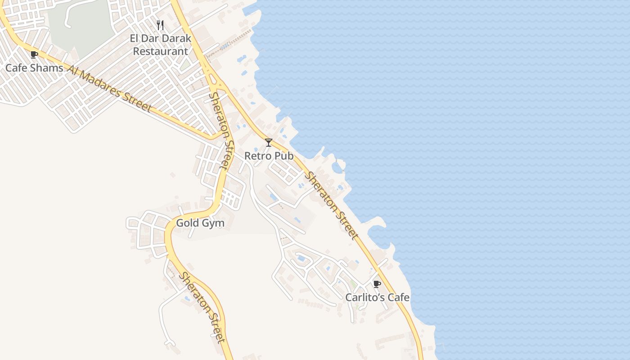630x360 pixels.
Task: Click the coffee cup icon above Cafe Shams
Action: [34, 55]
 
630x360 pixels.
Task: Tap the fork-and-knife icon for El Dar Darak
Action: [160, 25]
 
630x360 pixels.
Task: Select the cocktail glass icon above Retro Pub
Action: [269, 143]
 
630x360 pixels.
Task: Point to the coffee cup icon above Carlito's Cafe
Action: [377, 284]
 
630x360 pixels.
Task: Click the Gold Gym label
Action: [200, 223]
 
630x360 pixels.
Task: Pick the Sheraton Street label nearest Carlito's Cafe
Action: [332, 205]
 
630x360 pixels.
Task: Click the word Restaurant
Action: [161, 51]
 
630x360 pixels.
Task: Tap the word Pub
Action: [284, 156]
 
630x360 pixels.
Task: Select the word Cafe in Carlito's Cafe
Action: [398, 297]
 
